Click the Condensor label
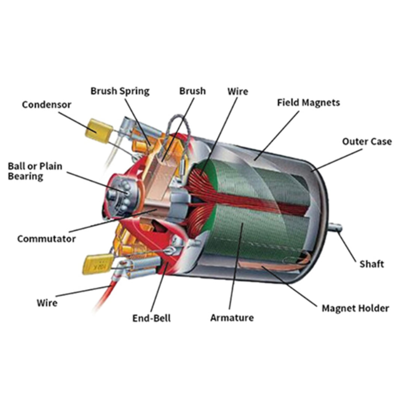(47, 105)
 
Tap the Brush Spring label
(120, 91)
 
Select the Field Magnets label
(308, 103)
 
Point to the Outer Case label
(367, 141)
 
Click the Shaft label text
(371, 264)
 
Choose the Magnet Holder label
(355, 308)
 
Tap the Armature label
(232, 318)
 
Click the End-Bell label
(151, 318)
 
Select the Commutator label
(46, 239)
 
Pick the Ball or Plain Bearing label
(35, 171)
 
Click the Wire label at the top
(238, 91)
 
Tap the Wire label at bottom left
(47, 303)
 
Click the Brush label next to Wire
(192, 91)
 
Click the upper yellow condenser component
(99, 131)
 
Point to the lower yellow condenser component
(98, 264)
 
